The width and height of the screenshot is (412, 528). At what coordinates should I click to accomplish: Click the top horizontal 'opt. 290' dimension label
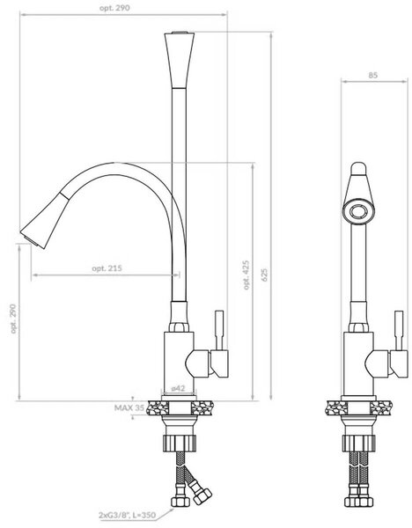pyautogui.click(x=114, y=8)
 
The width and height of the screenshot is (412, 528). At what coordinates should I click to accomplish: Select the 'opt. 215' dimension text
pyautogui.click(x=107, y=268)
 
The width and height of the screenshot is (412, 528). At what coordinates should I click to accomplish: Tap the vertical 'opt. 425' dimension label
pyautogui.click(x=246, y=275)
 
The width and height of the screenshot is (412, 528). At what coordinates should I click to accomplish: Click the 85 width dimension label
pyautogui.click(x=373, y=75)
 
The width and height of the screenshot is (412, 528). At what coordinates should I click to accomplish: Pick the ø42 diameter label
pyautogui.click(x=178, y=388)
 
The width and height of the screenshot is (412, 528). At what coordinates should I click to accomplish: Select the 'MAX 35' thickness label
pyautogui.click(x=129, y=407)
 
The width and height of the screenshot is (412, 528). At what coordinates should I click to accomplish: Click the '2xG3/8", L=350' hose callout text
pyautogui.click(x=128, y=515)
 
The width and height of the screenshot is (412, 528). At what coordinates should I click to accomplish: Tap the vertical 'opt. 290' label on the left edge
pyautogui.click(x=13, y=319)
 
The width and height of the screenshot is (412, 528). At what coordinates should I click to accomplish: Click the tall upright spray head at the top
pyautogui.click(x=180, y=60)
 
